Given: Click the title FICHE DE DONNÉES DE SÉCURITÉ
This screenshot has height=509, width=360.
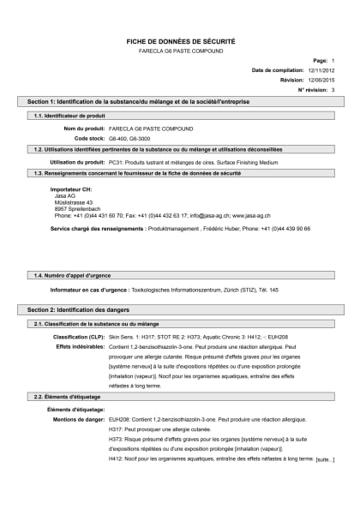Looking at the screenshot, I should click(x=180, y=40).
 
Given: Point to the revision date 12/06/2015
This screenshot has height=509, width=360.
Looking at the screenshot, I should click(x=317, y=80).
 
